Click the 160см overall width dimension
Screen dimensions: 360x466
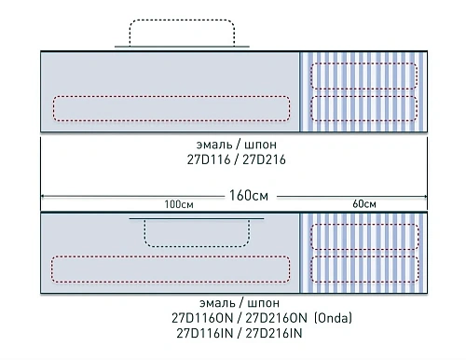pos(247,196)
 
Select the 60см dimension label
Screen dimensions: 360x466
pos(364,204)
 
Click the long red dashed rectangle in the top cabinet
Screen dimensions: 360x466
pos(171,108)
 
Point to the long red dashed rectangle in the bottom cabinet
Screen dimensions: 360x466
pos(171,270)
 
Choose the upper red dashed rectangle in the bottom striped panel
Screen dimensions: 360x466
pos(364,237)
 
